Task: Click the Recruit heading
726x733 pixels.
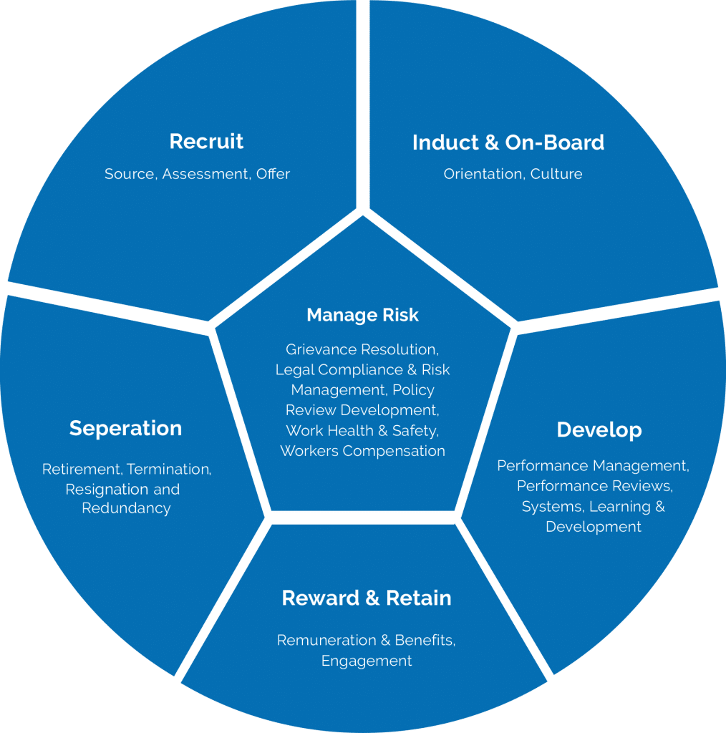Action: [x=206, y=141]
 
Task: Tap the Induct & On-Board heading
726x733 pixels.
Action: [x=508, y=142]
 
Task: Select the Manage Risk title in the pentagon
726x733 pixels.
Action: [x=362, y=315]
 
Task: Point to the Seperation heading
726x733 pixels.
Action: [x=125, y=428]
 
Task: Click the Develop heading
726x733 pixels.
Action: [x=599, y=429]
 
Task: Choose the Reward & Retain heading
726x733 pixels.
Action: [x=367, y=598]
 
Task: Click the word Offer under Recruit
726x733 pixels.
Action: [x=273, y=174]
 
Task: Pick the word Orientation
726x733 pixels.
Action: [x=484, y=174]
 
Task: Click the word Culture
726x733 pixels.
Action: [x=556, y=174]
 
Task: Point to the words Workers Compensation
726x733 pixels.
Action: [x=362, y=451]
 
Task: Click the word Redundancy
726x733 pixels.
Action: [x=126, y=508]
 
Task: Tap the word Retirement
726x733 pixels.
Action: [x=81, y=470]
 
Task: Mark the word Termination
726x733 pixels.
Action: [x=168, y=470]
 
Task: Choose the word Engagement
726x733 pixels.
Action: [x=367, y=661]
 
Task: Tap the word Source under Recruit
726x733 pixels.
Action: [x=129, y=174]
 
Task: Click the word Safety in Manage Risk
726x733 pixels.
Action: [x=415, y=431]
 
